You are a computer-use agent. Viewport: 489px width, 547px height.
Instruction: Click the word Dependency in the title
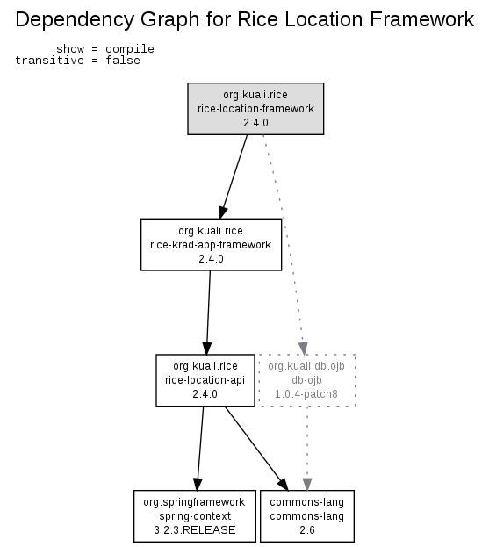point(75,20)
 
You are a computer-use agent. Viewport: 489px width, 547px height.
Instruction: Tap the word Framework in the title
point(421,19)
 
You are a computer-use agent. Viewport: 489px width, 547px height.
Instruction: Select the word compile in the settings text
point(130,49)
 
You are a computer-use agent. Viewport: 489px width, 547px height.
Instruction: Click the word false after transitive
point(123,61)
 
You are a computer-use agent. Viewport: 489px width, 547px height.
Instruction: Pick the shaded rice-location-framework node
point(255,109)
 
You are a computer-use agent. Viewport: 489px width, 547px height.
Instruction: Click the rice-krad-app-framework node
point(211,245)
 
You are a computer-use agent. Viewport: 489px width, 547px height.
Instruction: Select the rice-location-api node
point(205,380)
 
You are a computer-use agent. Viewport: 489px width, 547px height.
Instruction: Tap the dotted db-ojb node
point(306,380)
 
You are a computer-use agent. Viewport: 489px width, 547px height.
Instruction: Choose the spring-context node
point(195,516)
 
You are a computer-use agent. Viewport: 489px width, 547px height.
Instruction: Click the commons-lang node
point(307,516)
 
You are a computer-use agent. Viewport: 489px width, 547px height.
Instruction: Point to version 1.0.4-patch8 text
point(306,394)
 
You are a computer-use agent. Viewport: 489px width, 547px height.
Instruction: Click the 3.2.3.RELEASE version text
point(195,530)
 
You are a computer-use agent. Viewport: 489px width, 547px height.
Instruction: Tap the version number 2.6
point(307,530)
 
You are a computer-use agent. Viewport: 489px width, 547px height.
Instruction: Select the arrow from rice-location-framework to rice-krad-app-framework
point(234,176)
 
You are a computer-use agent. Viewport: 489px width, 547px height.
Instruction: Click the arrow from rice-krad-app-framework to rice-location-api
point(209,313)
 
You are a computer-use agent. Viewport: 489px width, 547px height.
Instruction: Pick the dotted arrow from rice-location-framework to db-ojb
point(284,244)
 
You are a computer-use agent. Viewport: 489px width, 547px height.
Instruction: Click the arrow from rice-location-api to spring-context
point(200,449)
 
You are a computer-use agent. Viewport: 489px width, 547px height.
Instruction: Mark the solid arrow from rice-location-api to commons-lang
point(256,449)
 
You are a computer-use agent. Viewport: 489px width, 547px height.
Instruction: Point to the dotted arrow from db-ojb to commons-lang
point(307,449)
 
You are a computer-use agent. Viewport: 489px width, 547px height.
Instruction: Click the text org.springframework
point(194,502)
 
